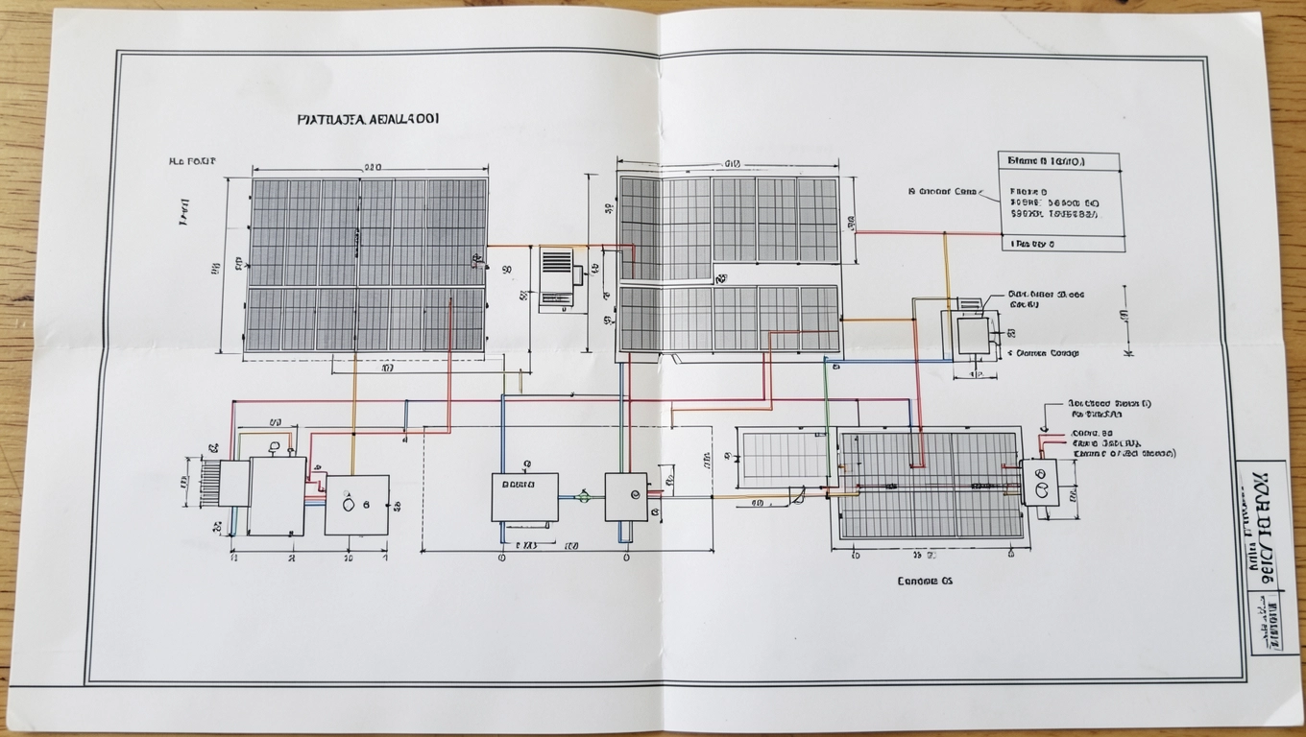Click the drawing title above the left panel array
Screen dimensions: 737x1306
point(369,119)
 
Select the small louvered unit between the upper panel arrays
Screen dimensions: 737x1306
point(557,277)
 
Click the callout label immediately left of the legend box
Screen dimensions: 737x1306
point(947,192)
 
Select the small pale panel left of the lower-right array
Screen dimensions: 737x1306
point(786,455)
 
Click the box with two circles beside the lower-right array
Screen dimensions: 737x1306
point(1038,482)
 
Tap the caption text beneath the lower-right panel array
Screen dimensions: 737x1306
point(925,581)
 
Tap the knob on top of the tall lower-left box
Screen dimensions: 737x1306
point(276,447)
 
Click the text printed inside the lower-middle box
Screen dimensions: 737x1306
point(524,483)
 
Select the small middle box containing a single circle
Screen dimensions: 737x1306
point(625,496)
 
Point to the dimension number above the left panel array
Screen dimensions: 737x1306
point(373,166)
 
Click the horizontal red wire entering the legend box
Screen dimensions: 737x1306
point(927,231)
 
